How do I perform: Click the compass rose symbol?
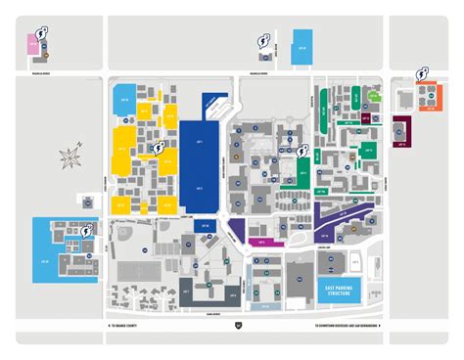70,156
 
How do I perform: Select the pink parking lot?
33,44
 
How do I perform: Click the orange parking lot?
428,97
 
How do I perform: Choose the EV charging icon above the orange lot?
422,73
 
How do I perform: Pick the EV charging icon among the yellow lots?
158,148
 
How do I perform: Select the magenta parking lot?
261,240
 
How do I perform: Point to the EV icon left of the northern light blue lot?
262,40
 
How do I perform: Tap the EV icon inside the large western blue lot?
89,231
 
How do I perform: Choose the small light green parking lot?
367,150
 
